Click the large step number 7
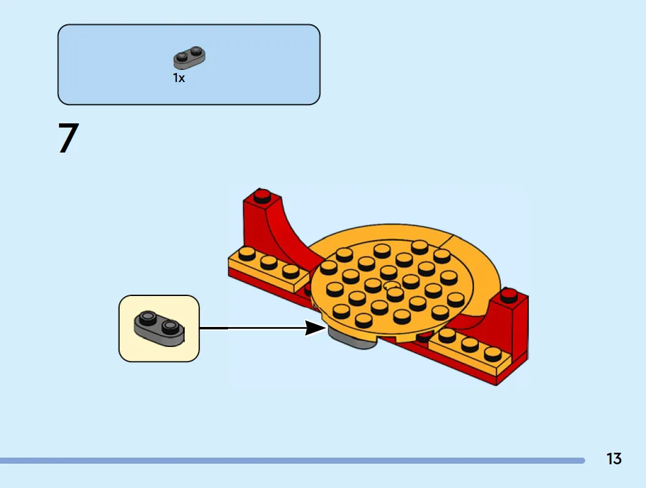tap(69, 138)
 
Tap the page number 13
tap(614, 459)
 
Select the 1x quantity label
tap(179, 78)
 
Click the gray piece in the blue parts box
tap(189, 57)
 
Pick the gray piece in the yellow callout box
tap(159, 328)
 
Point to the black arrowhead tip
tap(326, 329)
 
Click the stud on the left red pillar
tap(262, 195)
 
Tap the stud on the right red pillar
tap(509, 294)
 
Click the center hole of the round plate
tap(391, 285)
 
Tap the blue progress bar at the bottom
tap(292, 461)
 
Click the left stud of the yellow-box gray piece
tap(146, 318)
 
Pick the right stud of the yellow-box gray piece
tap(170, 327)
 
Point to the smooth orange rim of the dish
tap(478, 264)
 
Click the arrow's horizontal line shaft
tap(253, 328)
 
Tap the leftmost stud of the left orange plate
tap(247, 254)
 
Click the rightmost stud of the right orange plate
tap(493, 354)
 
